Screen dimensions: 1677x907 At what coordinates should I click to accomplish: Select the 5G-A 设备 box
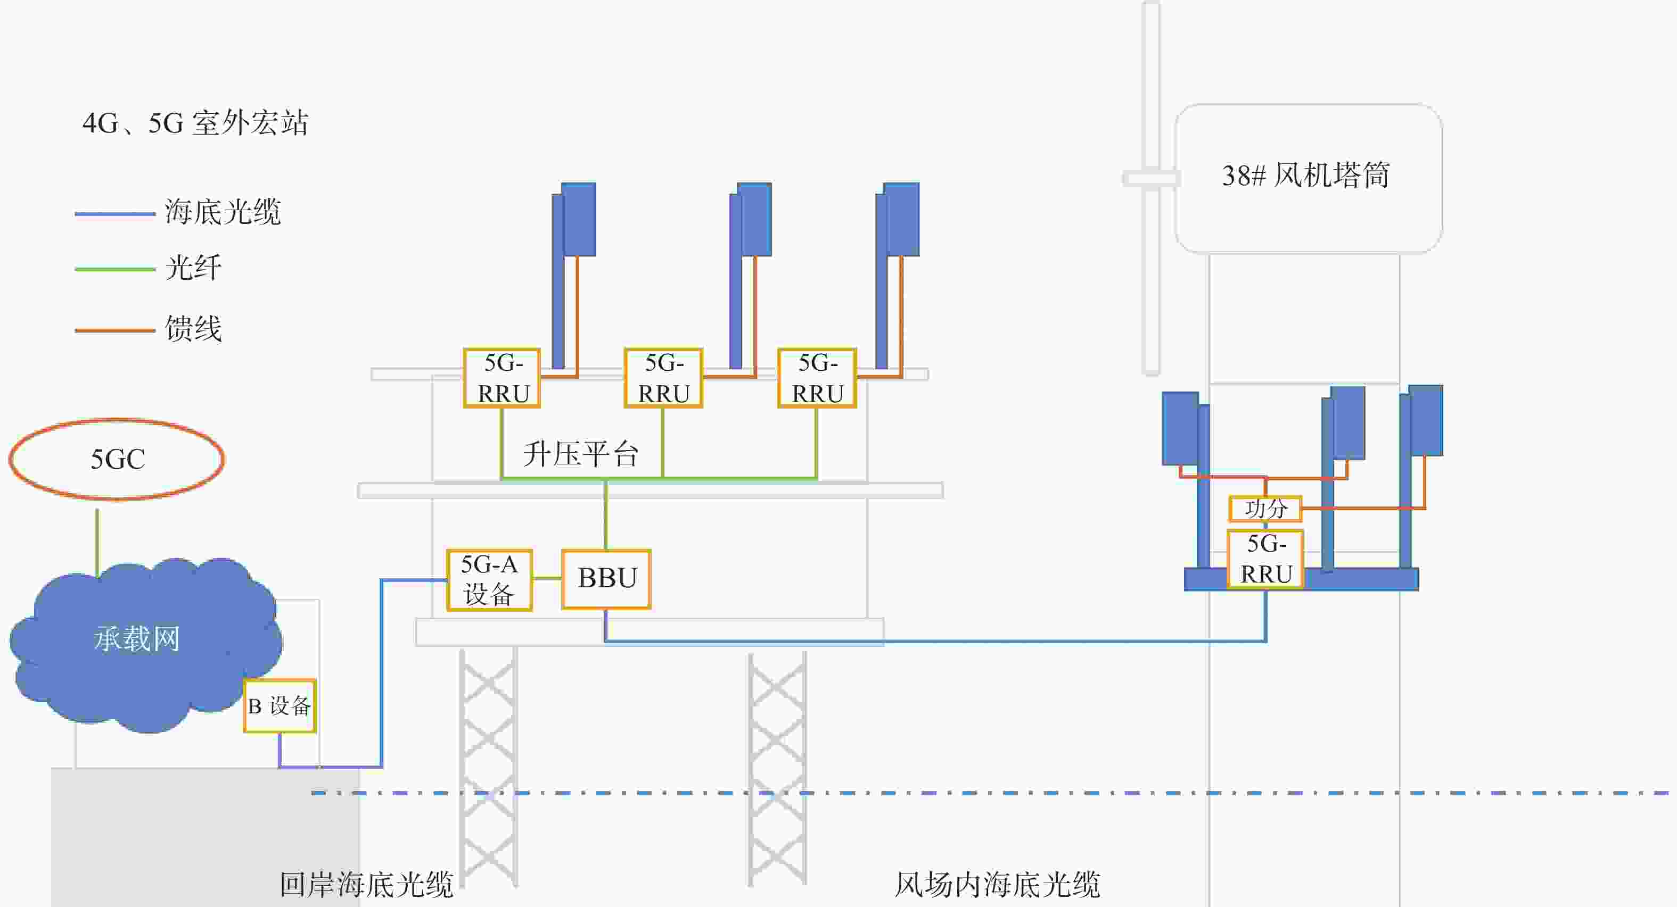click(490, 580)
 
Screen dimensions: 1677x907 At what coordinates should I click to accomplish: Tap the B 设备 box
click(280, 706)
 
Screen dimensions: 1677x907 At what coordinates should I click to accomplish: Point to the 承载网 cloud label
click(137, 638)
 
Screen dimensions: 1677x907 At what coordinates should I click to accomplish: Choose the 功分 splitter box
click(1265, 508)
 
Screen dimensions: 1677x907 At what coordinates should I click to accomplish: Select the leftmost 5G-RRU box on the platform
click(502, 378)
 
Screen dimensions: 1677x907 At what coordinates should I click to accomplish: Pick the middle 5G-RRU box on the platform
click(663, 378)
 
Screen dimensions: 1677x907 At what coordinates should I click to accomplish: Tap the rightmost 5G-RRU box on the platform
click(817, 378)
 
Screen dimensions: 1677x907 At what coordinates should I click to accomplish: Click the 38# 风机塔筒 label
click(1306, 175)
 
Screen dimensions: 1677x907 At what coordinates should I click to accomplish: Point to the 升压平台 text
click(581, 453)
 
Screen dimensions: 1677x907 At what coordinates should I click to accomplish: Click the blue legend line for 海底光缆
click(115, 213)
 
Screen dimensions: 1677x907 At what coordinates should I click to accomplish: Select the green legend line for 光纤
click(115, 269)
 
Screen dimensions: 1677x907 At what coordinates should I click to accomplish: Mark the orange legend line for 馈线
click(115, 330)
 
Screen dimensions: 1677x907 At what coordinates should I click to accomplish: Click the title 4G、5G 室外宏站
click(195, 123)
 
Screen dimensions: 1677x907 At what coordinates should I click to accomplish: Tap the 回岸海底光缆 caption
click(366, 885)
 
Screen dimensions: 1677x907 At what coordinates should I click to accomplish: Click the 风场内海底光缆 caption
click(997, 885)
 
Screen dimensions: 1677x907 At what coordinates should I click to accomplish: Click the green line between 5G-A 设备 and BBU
click(547, 578)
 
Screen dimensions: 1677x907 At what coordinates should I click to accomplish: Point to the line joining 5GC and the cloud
click(97, 543)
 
